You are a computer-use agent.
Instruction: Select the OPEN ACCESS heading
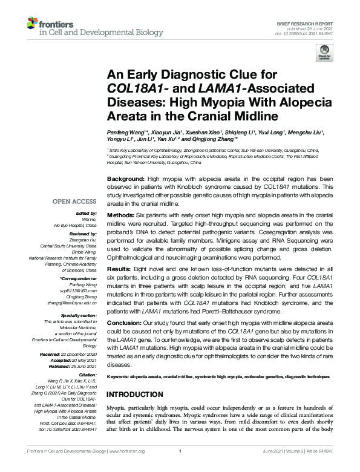(x=76, y=202)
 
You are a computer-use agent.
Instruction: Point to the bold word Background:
(x=125, y=180)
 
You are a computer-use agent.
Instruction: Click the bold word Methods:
(x=120, y=216)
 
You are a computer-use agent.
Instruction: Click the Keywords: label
(x=122, y=376)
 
